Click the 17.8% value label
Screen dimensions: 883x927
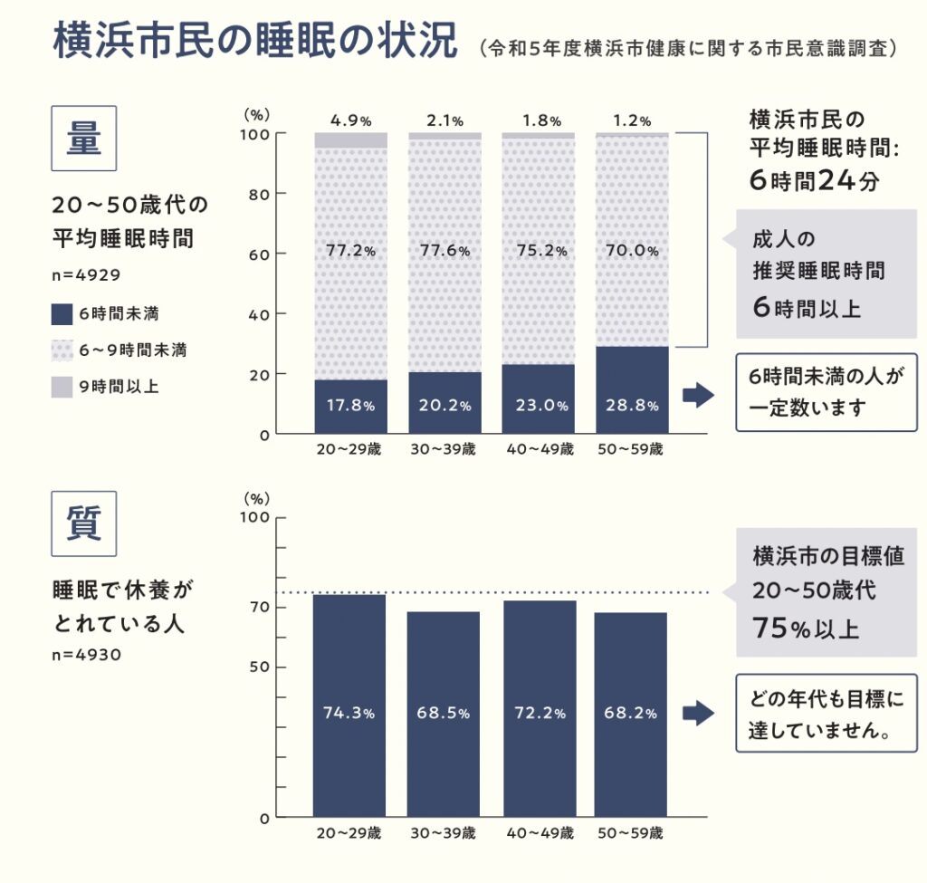tap(349, 405)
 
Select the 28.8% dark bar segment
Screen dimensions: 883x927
tap(632, 389)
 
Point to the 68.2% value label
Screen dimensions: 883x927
tap(631, 713)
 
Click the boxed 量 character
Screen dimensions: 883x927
tap(84, 138)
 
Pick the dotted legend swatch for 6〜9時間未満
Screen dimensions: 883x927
tap(62, 350)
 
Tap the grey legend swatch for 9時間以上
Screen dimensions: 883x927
tap(62, 387)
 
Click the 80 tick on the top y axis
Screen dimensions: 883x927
tap(257, 194)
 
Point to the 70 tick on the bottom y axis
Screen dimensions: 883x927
tap(257, 607)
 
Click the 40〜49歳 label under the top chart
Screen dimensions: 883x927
tap(537, 449)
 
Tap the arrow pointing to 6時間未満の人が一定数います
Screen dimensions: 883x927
tap(698, 395)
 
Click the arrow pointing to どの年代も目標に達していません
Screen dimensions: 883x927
tap(698, 714)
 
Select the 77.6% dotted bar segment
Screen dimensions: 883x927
tap(444, 252)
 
